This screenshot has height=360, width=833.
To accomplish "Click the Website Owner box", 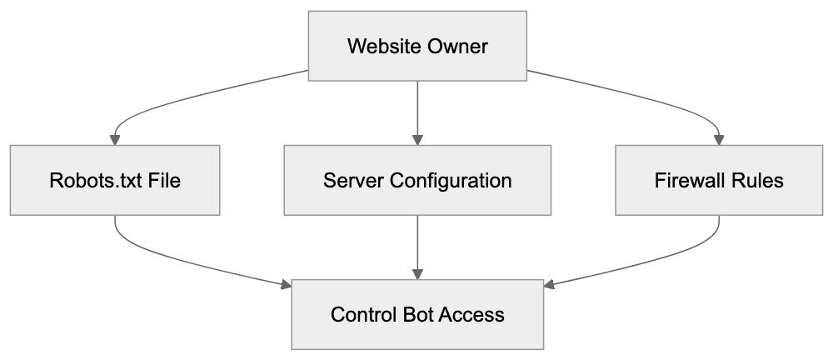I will (417, 46).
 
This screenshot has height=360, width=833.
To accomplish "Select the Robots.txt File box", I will (115, 180).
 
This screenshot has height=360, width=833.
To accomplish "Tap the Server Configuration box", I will (417, 180).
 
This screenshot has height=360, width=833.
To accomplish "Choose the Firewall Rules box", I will (719, 180).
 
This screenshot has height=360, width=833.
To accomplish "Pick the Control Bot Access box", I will (417, 315).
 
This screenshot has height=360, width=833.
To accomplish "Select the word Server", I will (351, 180).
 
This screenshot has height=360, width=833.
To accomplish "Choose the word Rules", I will (758, 180).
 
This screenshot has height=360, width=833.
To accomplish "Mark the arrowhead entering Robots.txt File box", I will (115, 139).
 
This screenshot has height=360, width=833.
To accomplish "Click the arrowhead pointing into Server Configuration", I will (417, 139).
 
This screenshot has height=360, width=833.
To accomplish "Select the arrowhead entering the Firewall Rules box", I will (719, 139).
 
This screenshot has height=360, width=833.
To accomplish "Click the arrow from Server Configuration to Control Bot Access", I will (417, 246).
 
